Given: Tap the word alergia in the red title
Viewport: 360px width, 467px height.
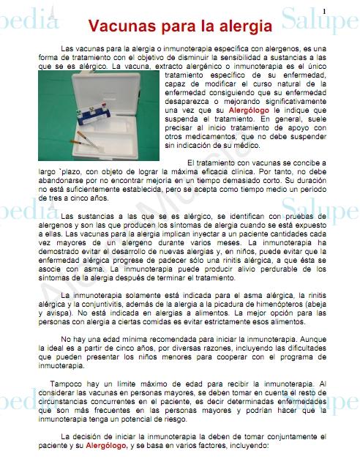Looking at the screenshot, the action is coord(245,27).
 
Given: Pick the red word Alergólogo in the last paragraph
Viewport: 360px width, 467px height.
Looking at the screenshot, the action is coord(106,444).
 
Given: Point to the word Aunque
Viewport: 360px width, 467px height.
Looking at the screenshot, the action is coord(310,358).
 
